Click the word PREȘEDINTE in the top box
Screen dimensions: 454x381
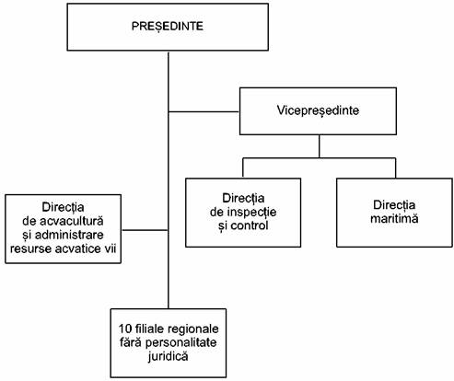click(x=168, y=27)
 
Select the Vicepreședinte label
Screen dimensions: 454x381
click(x=318, y=110)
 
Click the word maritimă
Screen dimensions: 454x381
click(x=394, y=218)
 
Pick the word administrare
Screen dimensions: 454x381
click(x=69, y=235)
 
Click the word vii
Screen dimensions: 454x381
click(x=111, y=248)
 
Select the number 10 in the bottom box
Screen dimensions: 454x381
click(x=124, y=329)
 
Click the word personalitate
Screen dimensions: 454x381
click(x=180, y=342)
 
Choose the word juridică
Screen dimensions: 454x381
click(x=168, y=356)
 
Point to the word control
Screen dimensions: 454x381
click(x=250, y=225)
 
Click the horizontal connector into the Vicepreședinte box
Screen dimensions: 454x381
click(x=204, y=111)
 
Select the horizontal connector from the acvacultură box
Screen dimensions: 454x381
click(x=145, y=230)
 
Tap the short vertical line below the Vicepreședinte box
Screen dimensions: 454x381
click(x=320, y=146)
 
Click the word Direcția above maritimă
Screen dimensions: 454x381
click(x=394, y=205)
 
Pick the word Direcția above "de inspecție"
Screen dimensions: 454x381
click(x=243, y=198)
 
